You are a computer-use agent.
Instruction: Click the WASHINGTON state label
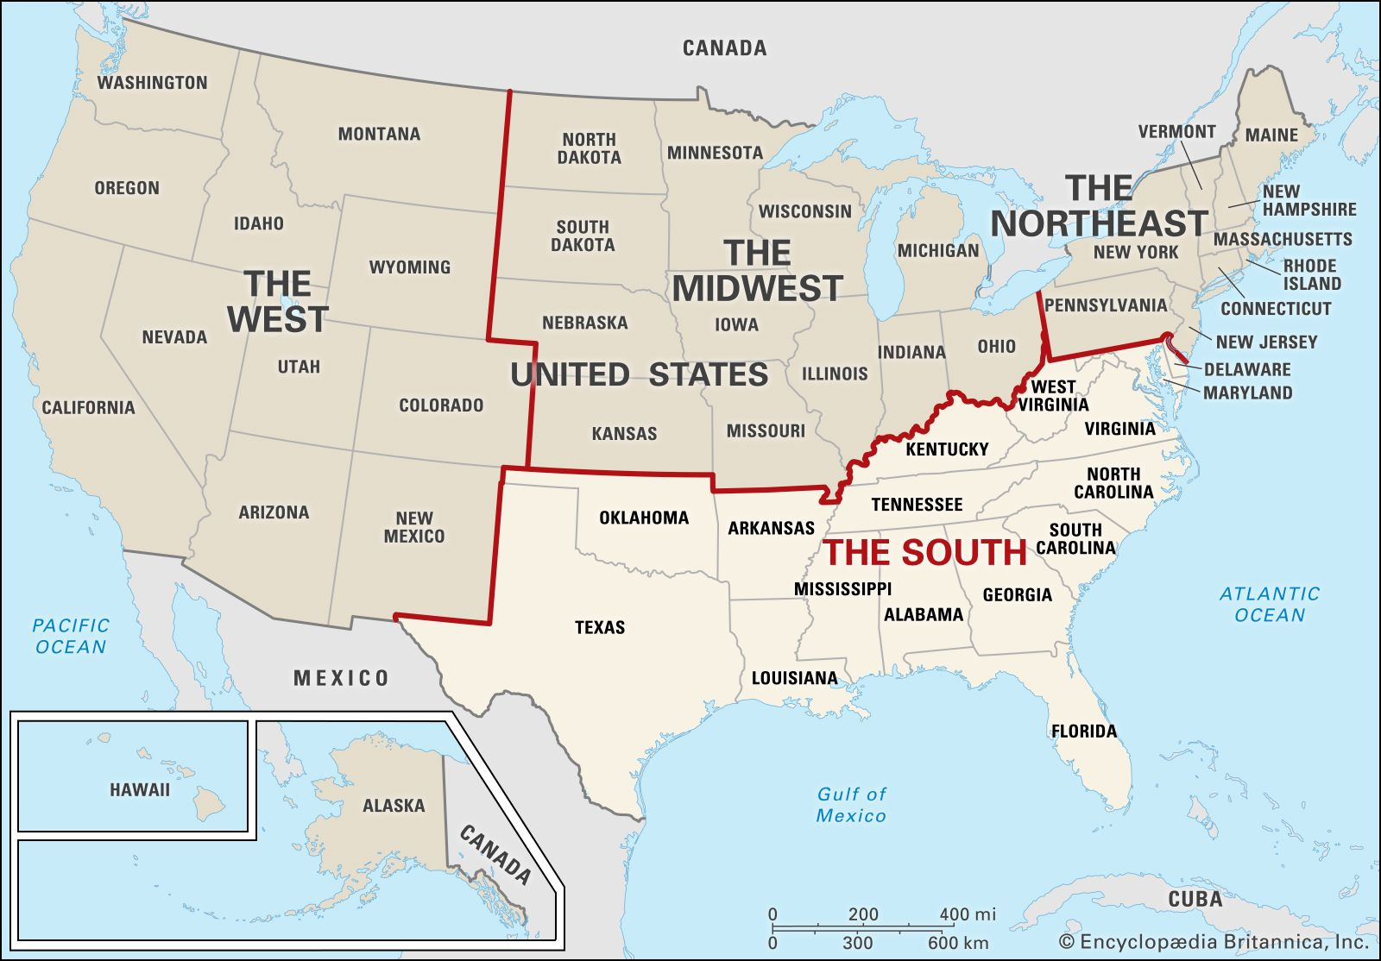(x=152, y=83)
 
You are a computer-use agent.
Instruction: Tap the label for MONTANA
(x=379, y=134)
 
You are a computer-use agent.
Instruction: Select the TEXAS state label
(x=600, y=627)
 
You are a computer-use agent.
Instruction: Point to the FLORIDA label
(x=1084, y=732)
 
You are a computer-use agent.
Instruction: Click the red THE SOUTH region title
(x=925, y=553)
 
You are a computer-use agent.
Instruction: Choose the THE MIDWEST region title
(x=757, y=271)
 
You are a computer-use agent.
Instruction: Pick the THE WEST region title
(x=277, y=301)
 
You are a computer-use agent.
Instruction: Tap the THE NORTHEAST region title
(x=1098, y=206)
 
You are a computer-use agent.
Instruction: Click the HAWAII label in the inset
(x=140, y=789)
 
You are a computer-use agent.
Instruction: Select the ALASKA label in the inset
(x=394, y=806)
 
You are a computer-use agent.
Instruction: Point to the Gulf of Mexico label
(x=851, y=804)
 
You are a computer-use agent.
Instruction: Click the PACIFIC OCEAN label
(x=72, y=636)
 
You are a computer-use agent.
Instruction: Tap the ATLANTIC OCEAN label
(x=1269, y=604)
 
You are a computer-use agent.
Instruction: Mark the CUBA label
(x=1195, y=899)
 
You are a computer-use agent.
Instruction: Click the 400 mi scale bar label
(x=967, y=914)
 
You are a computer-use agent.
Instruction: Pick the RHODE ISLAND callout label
(x=1310, y=274)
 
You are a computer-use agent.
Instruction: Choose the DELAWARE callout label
(x=1247, y=369)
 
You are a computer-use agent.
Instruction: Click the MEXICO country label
(x=341, y=678)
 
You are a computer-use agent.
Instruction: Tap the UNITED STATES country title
(x=639, y=374)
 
